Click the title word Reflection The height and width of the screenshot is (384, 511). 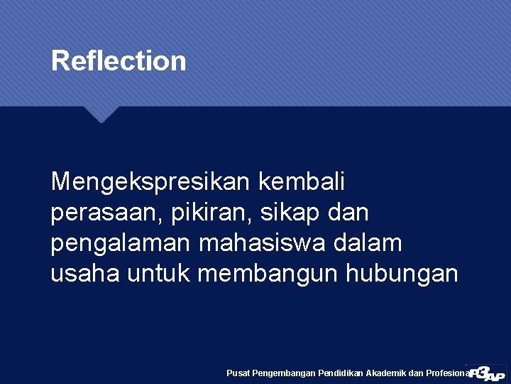(x=119, y=61)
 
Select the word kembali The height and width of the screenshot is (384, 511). (x=302, y=182)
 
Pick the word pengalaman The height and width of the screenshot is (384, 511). (x=121, y=243)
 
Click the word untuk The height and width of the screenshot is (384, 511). (x=158, y=273)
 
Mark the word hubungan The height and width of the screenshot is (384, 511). (x=402, y=273)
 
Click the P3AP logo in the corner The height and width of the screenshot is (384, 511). (x=488, y=373)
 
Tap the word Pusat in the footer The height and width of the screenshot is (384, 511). (x=238, y=373)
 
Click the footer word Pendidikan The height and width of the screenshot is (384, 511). (x=340, y=373)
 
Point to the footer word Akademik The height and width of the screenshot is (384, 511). (x=385, y=373)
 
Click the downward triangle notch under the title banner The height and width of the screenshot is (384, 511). (x=101, y=114)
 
